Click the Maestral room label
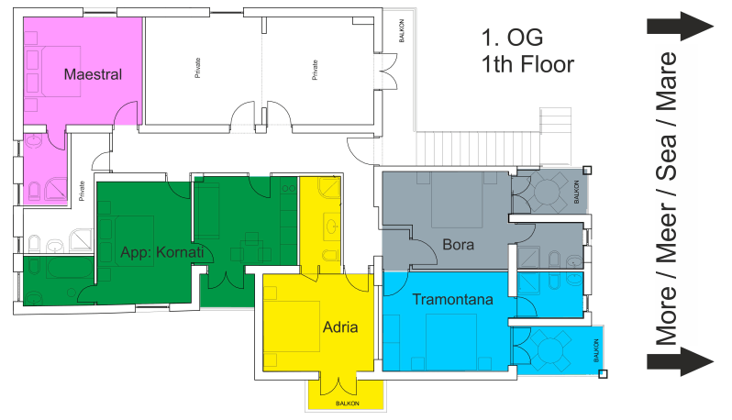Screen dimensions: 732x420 click(93, 74)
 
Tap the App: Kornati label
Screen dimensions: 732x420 click(162, 252)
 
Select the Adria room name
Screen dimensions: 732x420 click(340, 327)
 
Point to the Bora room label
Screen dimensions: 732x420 click(458, 245)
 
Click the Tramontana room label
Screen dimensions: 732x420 click(452, 299)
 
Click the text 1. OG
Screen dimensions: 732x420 click(512, 38)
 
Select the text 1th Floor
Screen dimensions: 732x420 click(527, 64)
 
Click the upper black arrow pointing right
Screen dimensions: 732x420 click(681, 26)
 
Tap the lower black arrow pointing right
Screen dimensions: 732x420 click(681, 361)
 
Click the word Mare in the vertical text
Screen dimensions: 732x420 click(666, 83)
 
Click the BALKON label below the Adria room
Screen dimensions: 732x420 click(348, 403)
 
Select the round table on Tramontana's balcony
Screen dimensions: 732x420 click(551, 349)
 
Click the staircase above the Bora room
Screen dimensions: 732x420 click(494, 148)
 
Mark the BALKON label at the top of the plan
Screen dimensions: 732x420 click(402, 30)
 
